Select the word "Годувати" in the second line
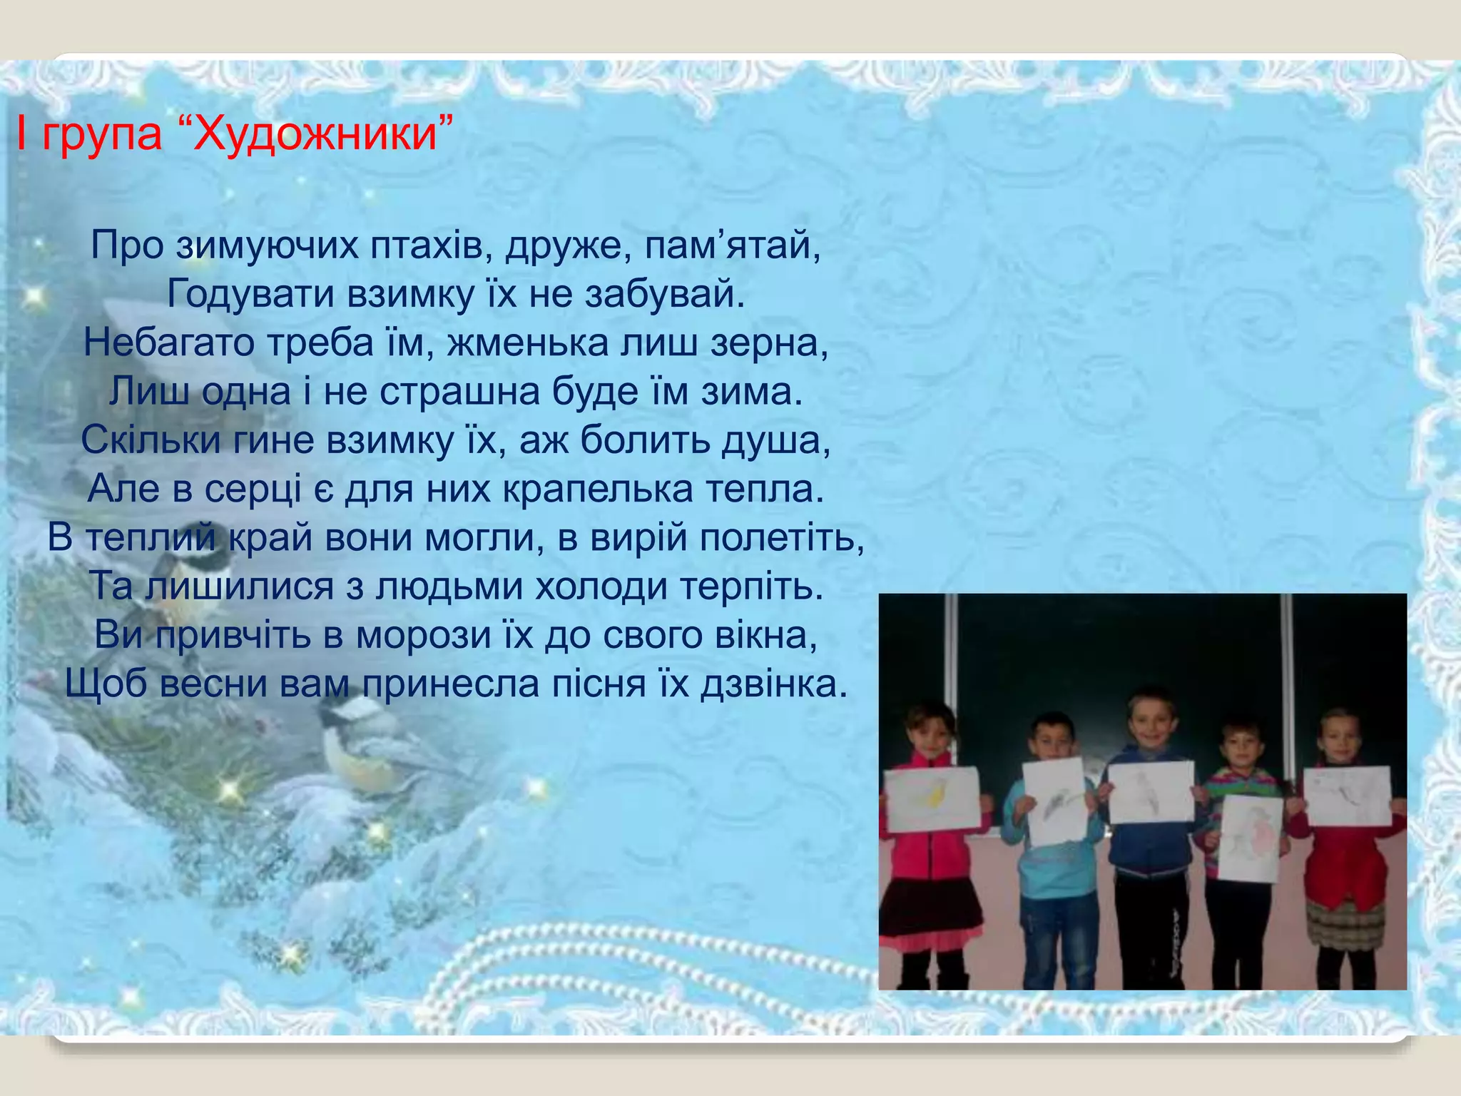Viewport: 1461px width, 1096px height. (250, 294)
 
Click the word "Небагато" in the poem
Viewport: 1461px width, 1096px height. (169, 342)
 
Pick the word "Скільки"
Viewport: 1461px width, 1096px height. (151, 440)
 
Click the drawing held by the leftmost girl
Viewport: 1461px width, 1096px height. (933, 800)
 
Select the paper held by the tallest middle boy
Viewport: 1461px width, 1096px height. (1151, 791)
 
